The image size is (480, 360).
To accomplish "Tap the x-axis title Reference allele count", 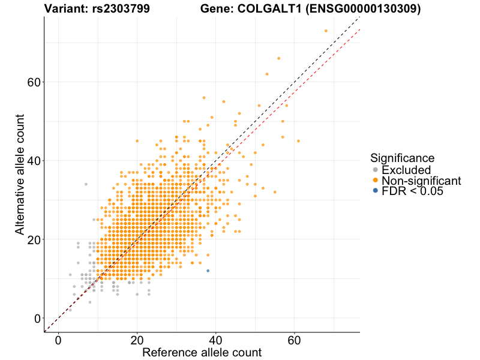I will tap(202, 352).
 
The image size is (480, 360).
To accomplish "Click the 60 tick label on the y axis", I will tap(34, 82).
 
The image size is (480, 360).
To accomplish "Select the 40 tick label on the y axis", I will tap(34, 161).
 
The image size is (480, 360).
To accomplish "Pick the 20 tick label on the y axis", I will tap(34, 239).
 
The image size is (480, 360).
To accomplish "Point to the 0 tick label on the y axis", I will tap(37, 318).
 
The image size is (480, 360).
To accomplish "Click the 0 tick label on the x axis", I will tap(58, 340).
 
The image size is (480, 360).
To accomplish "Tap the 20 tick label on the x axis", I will tap(137, 340).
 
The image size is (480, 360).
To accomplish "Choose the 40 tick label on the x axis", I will tap(216, 340).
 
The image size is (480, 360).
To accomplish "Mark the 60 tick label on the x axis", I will tap(295, 340).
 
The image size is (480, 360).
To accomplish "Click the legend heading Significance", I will tap(402, 158).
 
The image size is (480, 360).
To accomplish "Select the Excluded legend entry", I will tap(406, 170).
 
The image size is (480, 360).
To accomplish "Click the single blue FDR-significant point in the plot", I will tap(208, 271).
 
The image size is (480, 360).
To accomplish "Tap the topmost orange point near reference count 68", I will tap(326, 31).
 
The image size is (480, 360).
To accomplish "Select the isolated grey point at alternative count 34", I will tap(86, 184).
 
